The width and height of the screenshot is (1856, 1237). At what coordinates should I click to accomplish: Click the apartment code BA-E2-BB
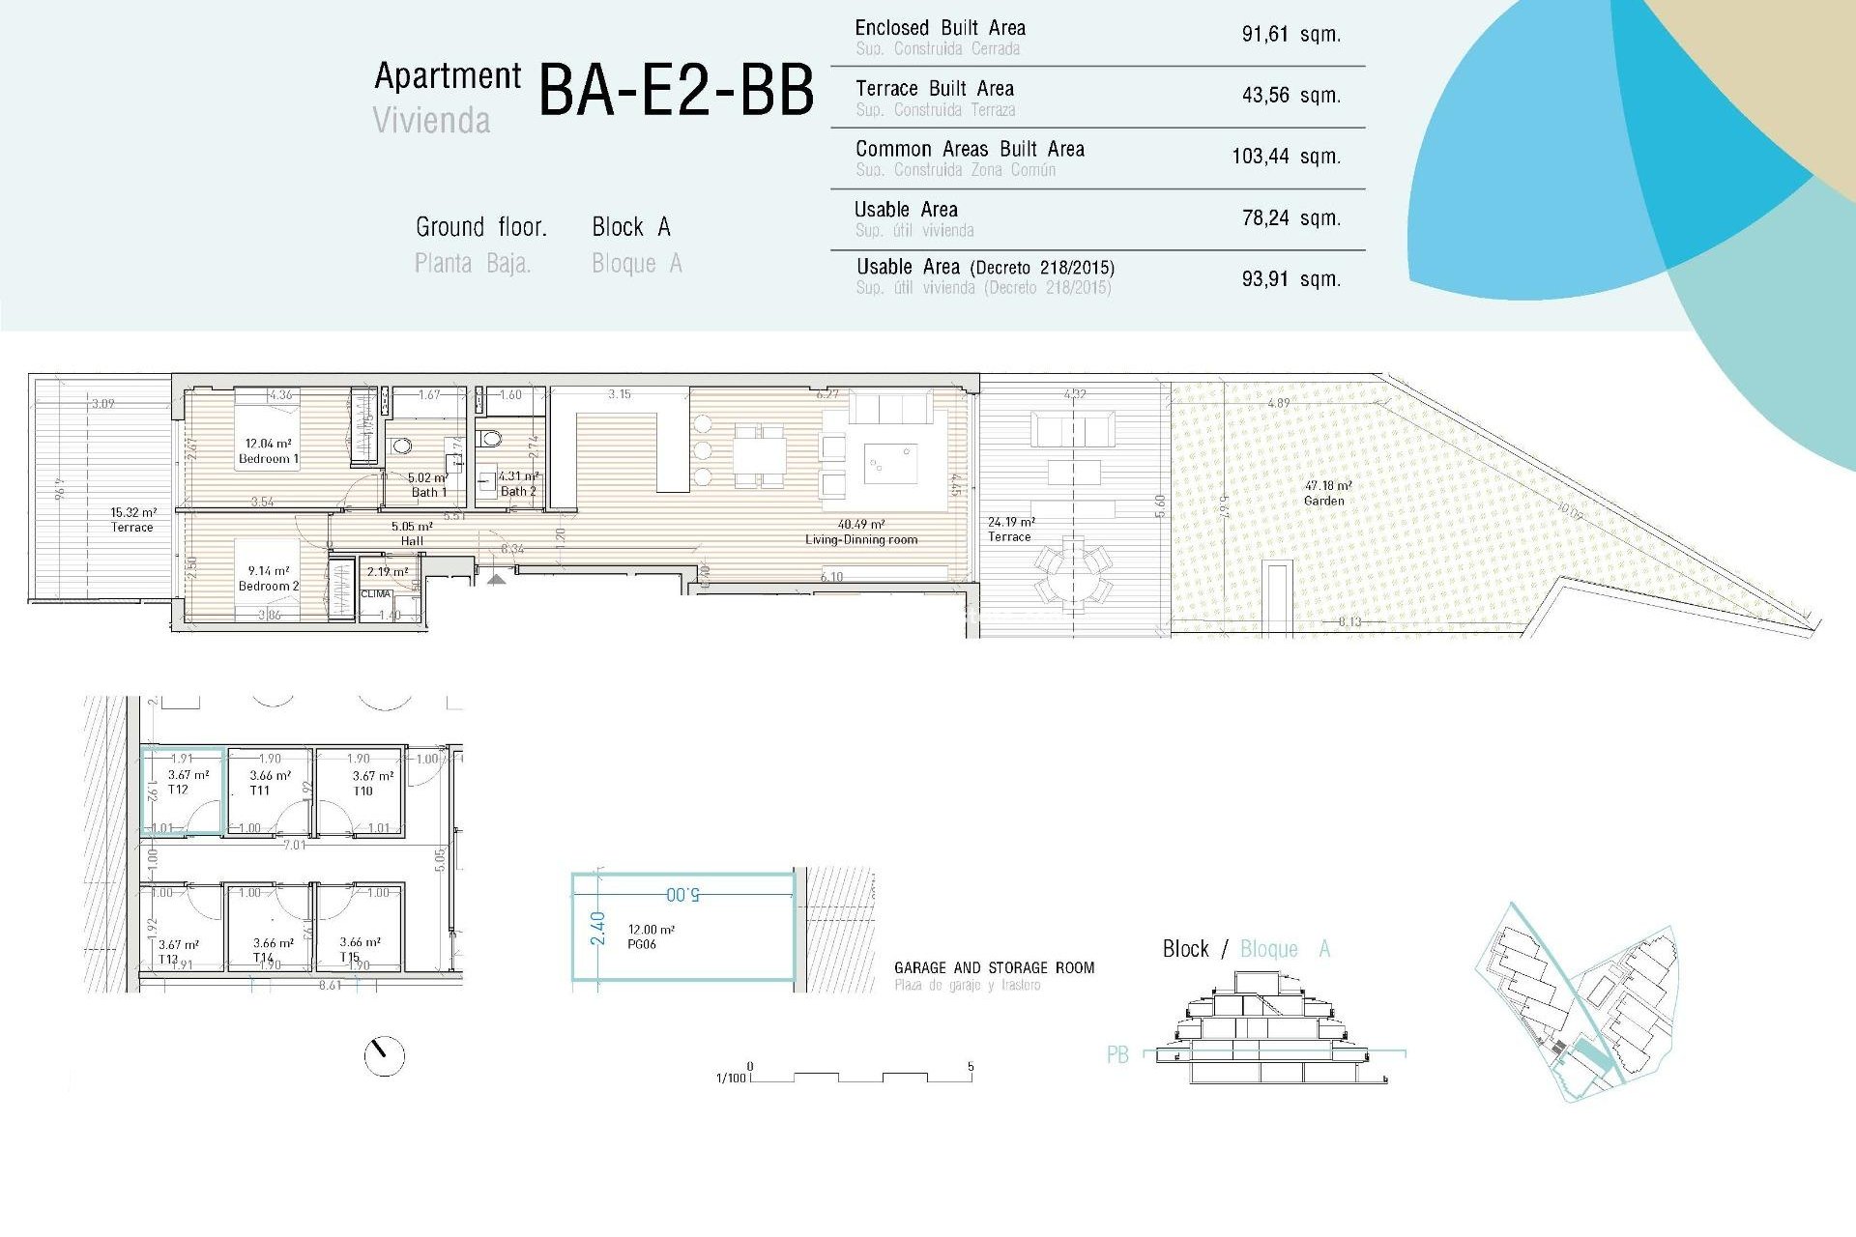pyautogui.click(x=676, y=91)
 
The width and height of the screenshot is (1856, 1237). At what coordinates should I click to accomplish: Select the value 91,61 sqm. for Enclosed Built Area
pyautogui.click(x=1290, y=35)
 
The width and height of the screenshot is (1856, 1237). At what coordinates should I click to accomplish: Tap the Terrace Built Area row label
pyautogui.click(x=934, y=89)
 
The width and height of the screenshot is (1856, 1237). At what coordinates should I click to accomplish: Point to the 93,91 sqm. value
pyautogui.click(x=1290, y=279)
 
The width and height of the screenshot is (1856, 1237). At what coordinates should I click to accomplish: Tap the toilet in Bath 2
pyautogui.click(x=491, y=439)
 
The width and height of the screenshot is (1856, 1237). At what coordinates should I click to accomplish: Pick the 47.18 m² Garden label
pyautogui.click(x=1325, y=493)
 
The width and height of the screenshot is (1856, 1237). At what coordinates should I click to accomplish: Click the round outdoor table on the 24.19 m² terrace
pyautogui.click(x=1073, y=572)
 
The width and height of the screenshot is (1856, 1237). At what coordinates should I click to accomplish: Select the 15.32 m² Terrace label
pyautogui.click(x=132, y=520)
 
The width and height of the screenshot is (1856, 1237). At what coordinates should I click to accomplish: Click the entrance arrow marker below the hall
pyautogui.click(x=495, y=579)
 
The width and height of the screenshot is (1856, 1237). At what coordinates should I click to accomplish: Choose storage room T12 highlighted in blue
pyautogui.click(x=184, y=790)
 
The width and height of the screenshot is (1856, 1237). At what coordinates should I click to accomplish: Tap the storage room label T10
pyautogui.click(x=362, y=791)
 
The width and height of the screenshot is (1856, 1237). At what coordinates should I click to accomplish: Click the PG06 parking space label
pyautogui.click(x=641, y=944)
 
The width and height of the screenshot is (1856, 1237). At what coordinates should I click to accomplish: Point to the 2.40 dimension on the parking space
pyautogui.click(x=597, y=928)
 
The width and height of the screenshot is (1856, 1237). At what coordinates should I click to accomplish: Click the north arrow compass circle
pyautogui.click(x=384, y=1055)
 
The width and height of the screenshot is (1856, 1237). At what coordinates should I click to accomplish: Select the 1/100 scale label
pyautogui.click(x=730, y=1078)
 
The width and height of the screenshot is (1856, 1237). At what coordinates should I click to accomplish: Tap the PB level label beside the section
pyautogui.click(x=1116, y=1054)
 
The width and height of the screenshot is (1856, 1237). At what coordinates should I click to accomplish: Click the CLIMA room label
pyautogui.click(x=376, y=594)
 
